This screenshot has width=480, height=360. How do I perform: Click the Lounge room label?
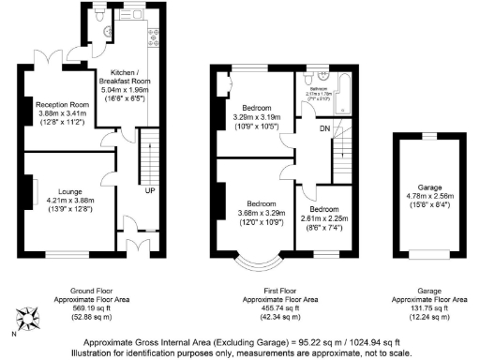point(65,188)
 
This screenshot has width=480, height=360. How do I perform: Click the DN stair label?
point(324,128)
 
